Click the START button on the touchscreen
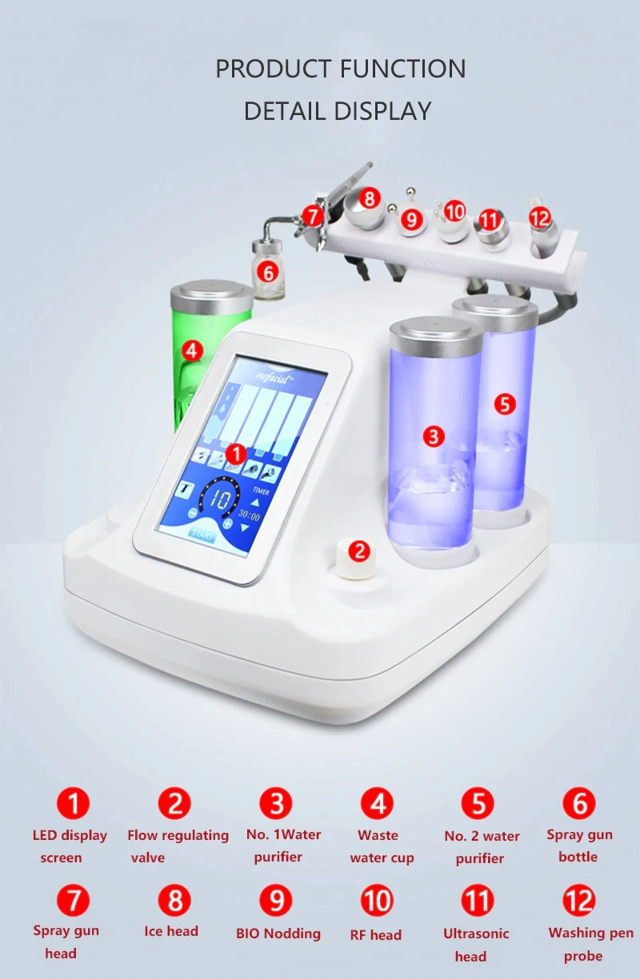202,535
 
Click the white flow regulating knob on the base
357,557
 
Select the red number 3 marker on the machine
434,436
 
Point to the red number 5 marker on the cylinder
503,404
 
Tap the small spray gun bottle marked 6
267,260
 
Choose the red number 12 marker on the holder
540,217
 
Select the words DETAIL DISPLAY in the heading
337,110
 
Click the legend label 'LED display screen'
69,846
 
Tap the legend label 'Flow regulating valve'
177,846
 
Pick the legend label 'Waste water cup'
381,846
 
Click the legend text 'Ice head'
171,931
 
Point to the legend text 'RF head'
375,934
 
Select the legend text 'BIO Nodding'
278,933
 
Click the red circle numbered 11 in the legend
478,901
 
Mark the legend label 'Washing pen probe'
590,944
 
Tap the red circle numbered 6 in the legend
579,803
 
